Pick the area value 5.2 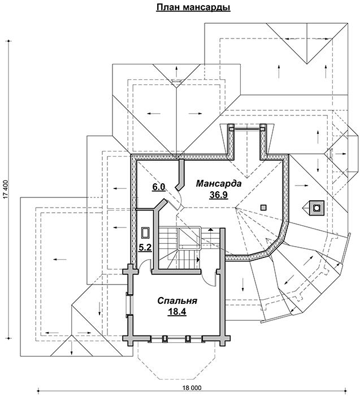(x=145, y=247)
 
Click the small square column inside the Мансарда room (x=263, y=207)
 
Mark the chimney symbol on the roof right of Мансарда (x=314, y=208)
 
